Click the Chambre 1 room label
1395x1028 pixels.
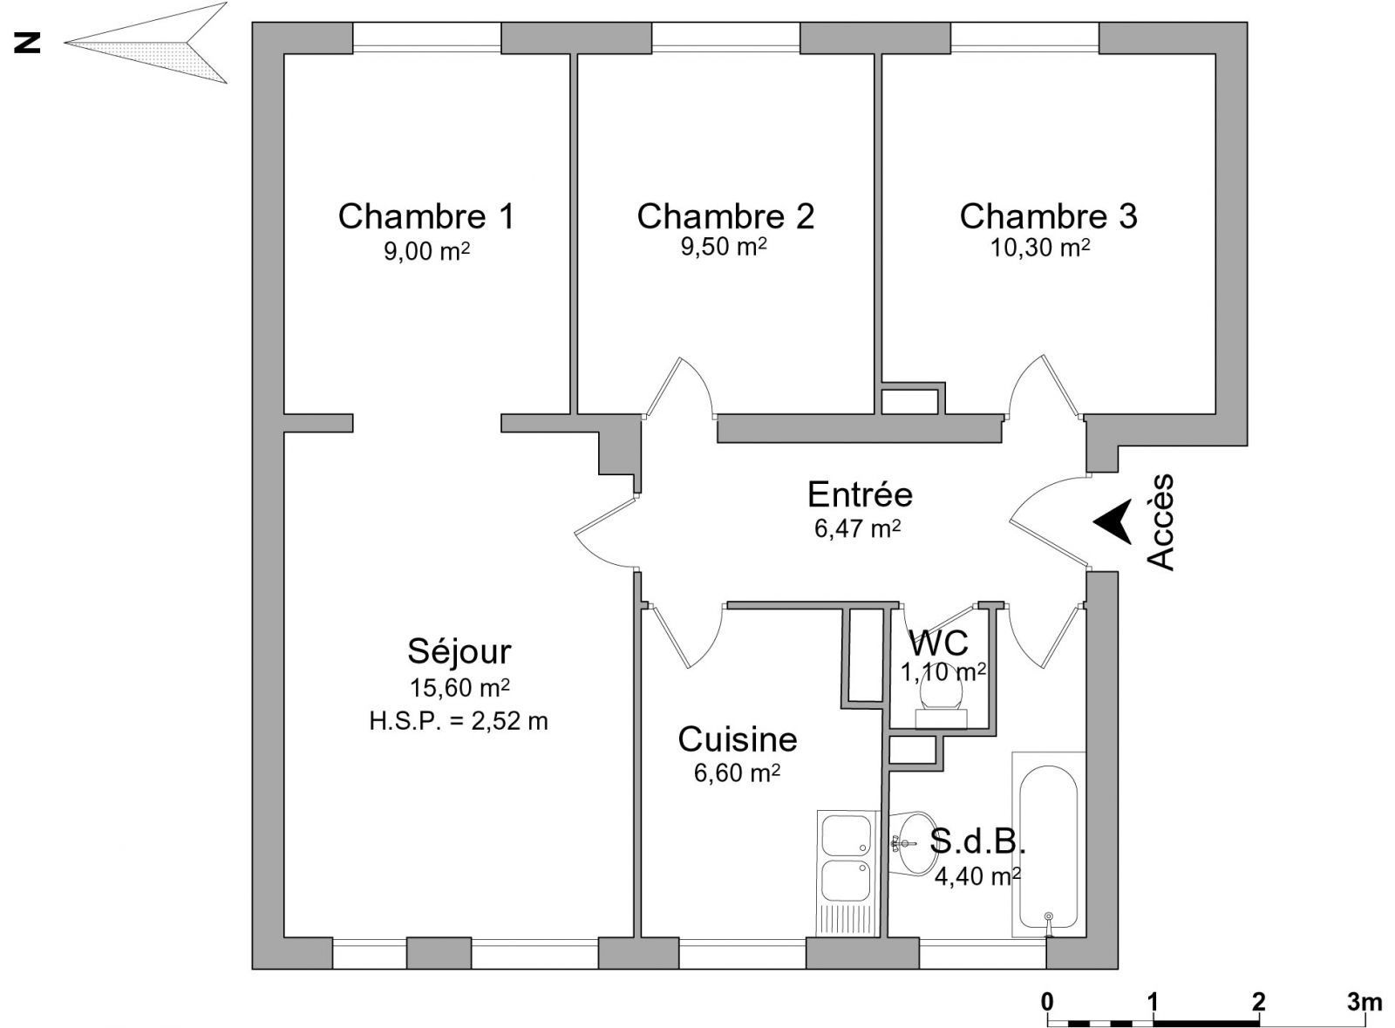click(426, 217)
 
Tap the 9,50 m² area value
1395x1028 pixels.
click(724, 247)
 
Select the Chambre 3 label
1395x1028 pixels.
click(1048, 217)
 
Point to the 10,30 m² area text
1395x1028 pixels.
click(1040, 248)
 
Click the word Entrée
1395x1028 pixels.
click(860, 494)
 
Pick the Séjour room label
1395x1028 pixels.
click(459, 652)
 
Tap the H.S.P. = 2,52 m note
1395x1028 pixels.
click(459, 722)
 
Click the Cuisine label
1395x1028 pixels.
click(738, 739)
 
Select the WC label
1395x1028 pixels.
click(938, 643)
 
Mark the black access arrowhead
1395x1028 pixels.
click(1113, 521)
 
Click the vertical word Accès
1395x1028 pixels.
click(1160, 522)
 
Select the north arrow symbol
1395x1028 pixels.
click(146, 43)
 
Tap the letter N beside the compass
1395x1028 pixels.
click(27, 43)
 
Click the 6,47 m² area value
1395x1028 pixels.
click(858, 528)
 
